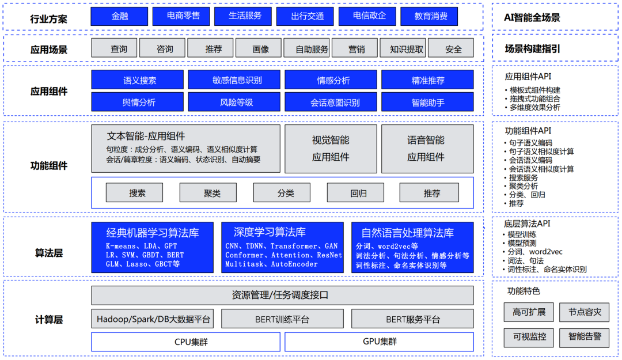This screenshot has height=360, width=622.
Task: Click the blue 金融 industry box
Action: pyautogui.click(x=119, y=16)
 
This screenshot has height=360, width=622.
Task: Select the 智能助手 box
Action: pyautogui.click(x=427, y=102)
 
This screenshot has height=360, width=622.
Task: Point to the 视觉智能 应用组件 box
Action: pyautogui.click(x=331, y=149)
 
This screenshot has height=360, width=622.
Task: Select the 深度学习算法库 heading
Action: pyautogui.click(x=270, y=232)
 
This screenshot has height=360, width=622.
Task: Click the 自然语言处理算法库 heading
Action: pyautogui.click(x=407, y=233)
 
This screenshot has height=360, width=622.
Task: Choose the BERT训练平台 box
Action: pyautogui.click(x=282, y=319)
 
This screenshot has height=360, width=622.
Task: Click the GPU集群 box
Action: pyautogui.click(x=379, y=342)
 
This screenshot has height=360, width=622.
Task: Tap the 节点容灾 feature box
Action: pyautogui.click(x=585, y=312)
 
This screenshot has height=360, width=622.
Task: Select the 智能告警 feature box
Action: pyautogui.click(x=585, y=338)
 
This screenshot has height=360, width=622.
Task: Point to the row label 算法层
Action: pyautogui.click(x=49, y=253)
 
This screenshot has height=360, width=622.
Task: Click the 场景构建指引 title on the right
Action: pyautogui.click(x=532, y=49)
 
